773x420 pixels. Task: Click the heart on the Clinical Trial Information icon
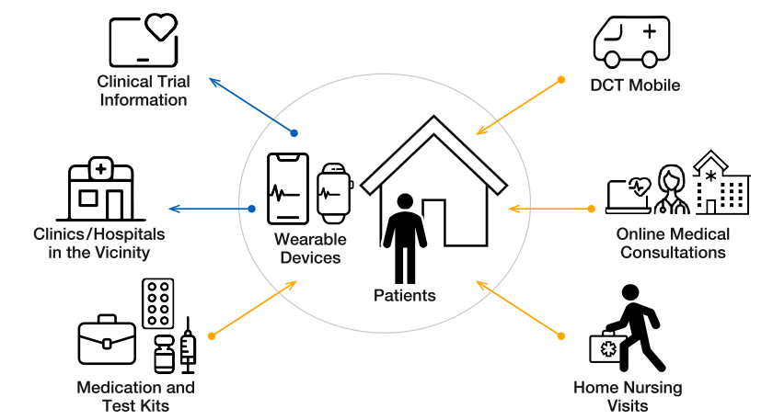point(161,27)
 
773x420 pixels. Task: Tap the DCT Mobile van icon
point(631,42)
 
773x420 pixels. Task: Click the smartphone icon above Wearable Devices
point(288,188)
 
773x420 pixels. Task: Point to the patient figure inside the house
point(405,238)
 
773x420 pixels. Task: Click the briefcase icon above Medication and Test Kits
point(107,340)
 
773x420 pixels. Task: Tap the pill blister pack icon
point(157,303)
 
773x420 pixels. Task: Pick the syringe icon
point(188,346)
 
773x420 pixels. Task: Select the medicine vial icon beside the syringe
point(164,354)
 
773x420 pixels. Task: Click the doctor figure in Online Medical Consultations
point(672,189)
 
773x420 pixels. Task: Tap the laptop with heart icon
point(628,196)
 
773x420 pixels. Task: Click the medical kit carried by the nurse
point(608,347)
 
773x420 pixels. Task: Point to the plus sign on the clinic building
point(101,169)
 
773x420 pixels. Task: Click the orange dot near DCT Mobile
point(561,80)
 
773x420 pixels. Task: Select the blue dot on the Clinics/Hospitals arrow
point(251,209)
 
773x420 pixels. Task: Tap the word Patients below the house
point(404,295)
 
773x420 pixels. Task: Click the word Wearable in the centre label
point(310,239)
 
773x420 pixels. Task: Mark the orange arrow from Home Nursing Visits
point(519,309)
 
